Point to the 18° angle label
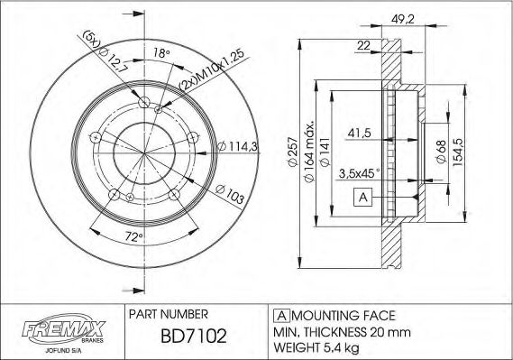point(161,54)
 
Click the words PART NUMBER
point(170,314)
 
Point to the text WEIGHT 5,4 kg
point(317,346)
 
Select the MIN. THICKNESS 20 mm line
point(335,331)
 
